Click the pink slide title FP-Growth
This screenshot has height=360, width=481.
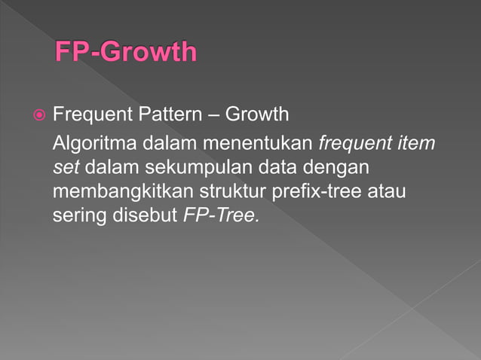[125, 53]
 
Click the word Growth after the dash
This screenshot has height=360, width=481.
[257, 115]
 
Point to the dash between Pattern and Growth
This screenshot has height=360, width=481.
[213, 116]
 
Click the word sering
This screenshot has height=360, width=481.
[78, 216]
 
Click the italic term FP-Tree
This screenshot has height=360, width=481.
[222, 215]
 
